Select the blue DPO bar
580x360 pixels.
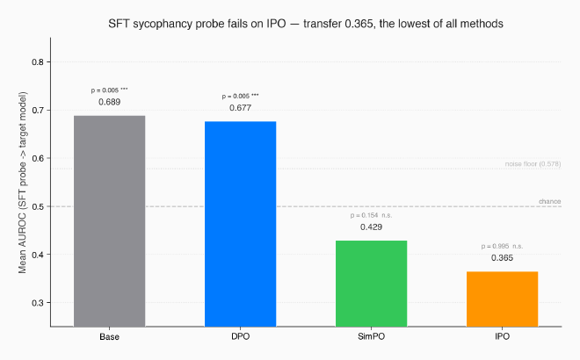pyautogui.click(x=240, y=224)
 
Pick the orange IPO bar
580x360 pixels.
pyautogui.click(x=502, y=299)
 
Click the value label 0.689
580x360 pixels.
pyautogui.click(x=109, y=102)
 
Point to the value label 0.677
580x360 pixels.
pyautogui.click(x=240, y=108)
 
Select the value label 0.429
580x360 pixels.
pyautogui.click(x=371, y=227)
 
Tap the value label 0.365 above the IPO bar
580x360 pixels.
pyautogui.click(x=502, y=258)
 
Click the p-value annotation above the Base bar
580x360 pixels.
pyautogui.click(x=109, y=90)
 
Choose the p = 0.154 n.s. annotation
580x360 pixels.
pyautogui.click(x=371, y=215)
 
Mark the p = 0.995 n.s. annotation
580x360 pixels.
pyautogui.click(x=502, y=246)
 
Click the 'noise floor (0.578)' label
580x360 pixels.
pyautogui.click(x=533, y=164)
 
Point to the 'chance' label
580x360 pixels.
pyautogui.click(x=549, y=202)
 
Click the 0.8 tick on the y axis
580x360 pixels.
pyautogui.click(x=37, y=62)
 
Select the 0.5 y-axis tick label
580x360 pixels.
pyautogui.click(x=37, y=206)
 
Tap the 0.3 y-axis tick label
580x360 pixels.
pyautogui.click(x=37, y=303)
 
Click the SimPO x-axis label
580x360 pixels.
pyautogui.click(x=371, y=338)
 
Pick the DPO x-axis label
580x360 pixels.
pyautogui.click(x=240, y=338)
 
